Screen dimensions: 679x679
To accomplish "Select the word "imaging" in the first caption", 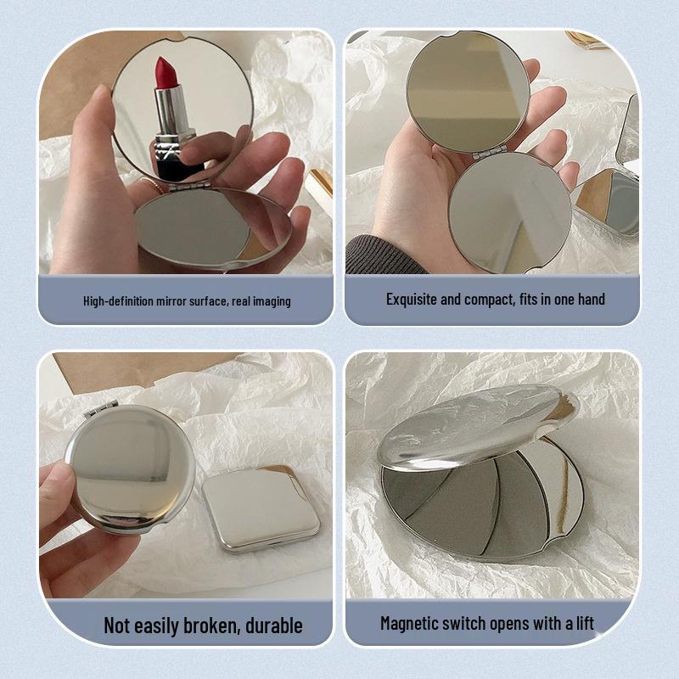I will coord(270,301).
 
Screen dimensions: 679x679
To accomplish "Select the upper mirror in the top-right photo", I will coord(467,89).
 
